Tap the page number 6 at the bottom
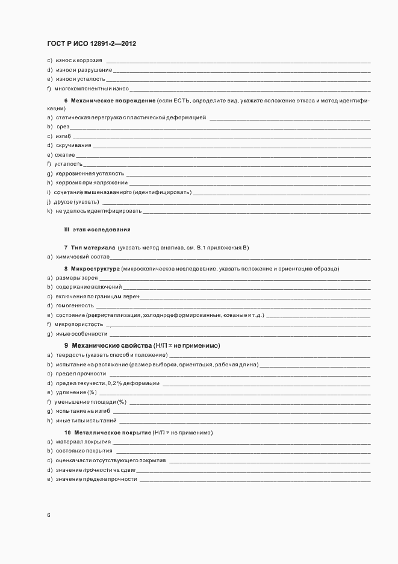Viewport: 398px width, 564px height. (x=49, y=515)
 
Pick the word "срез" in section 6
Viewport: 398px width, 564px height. (x=63, y=127)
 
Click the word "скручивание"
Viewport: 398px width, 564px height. (x=73, y=145)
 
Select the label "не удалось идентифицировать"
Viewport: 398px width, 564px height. (x=98, y=211)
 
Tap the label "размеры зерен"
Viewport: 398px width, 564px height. (x=76, y=278)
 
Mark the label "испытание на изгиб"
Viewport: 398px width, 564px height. (x=82, y=410)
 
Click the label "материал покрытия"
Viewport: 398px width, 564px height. (x=83, y=442)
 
